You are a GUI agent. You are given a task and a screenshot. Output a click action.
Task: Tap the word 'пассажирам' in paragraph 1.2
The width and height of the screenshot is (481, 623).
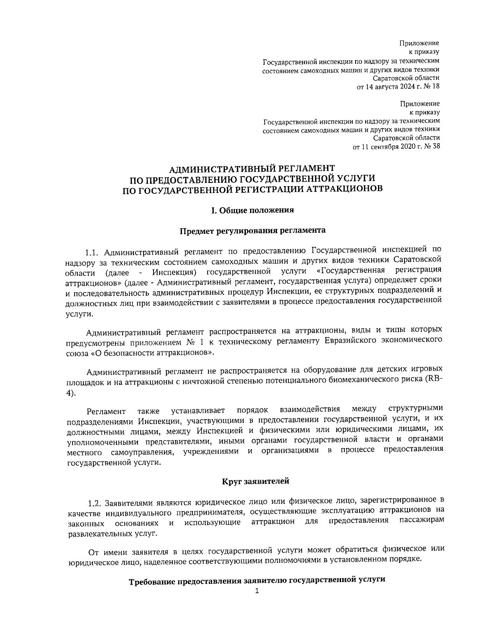click(422, 521)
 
